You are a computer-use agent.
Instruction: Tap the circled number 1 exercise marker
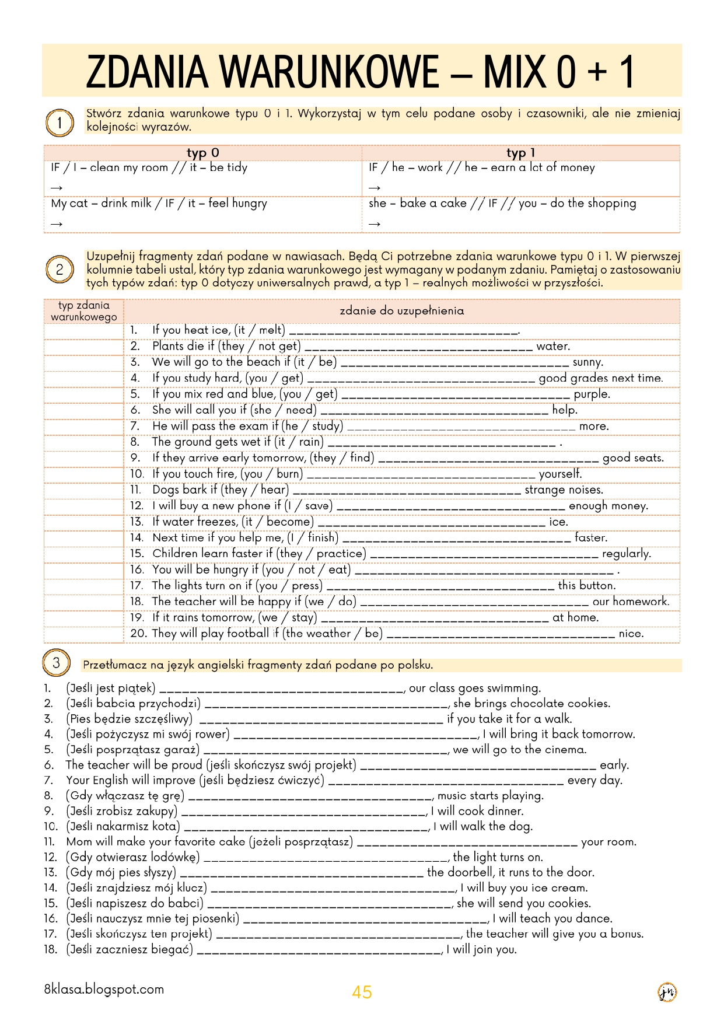[x=59, y=123]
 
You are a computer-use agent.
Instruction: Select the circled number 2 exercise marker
[x=59, y=270]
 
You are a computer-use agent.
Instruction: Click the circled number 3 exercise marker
[x=56, y=663]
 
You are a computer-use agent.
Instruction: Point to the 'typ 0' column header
[x=202, y=153]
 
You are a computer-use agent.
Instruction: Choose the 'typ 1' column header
[x=520, y=153]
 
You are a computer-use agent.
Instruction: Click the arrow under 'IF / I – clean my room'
[x=57, y=188]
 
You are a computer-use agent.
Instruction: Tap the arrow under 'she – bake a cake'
[x=375, y=224]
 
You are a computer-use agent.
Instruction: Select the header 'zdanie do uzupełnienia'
[x=402, y=311]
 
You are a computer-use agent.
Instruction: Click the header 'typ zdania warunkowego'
[x=84, y=311]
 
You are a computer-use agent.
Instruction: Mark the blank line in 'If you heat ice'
[x=404, y=331]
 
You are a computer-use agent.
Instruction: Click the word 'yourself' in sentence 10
[x=559, y=474]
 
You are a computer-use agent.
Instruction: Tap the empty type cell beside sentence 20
[x=84, y=634]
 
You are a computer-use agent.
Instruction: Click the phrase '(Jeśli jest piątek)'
[x=111, y=689]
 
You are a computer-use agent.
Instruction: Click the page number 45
[x=362, y=992]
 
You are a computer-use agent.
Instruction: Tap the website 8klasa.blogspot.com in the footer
[x=104, y=990]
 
